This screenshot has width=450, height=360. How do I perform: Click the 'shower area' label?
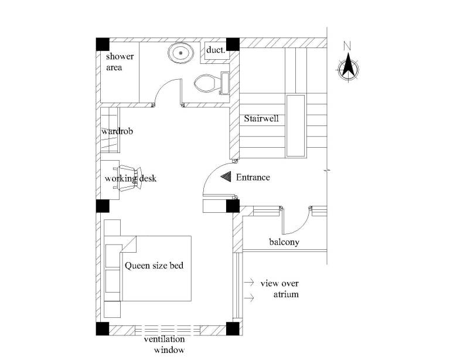pyautogui.click(x=120, y=62)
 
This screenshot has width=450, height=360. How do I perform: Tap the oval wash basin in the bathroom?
pyautogui.click(x=180, y=53)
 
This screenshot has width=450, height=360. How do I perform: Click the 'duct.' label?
pyautogui.click(x=216, y=50)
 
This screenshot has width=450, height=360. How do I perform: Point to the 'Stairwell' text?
pyautogui.click(x=261, y=118)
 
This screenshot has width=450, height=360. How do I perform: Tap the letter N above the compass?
pyautogui.click(x=347, y=46)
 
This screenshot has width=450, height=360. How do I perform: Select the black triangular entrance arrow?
pyautogui.click(x=226, y=176)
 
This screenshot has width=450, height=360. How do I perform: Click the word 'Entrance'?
pyautogui.click(x=253, y=177)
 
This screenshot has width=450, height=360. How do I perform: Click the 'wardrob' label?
pyautogui.click(x=117, y=131)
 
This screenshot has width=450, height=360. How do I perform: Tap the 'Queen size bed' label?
pyautogui.click(x=154, y=266)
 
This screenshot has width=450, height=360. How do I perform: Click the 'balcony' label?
pyautogui.click(x=284, y=242)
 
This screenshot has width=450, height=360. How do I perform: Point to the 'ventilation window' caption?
pyautogui.click(x=165, y=345)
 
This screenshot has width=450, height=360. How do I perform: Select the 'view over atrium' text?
pyautogui.click(x=279, y=289)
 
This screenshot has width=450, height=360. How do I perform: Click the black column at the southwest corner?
pyautogui.click(x=103, y=329)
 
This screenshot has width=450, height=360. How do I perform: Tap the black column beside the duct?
pyautogui.click(x=233, y=44)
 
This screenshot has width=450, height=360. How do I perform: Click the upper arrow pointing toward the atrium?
pyautogui.click(x=249, y=282)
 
